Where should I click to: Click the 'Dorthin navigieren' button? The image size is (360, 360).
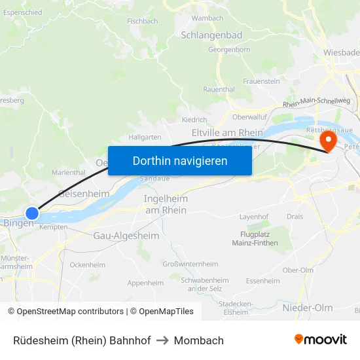(180, 160)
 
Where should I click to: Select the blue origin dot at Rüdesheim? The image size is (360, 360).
(32, 213)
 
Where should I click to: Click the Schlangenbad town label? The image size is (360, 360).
(211, 35)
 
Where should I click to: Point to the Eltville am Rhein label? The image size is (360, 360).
(227, 133)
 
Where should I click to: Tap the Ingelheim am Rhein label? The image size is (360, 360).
(166, 204)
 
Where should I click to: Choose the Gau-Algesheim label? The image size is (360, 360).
(126, 236)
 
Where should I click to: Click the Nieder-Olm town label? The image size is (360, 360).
(308, 308)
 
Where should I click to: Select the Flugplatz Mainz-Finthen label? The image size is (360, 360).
(255, 238)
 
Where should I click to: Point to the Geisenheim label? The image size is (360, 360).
(84, 194)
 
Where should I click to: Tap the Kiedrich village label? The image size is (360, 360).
(194, 120)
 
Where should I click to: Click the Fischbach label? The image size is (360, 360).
(142, 21)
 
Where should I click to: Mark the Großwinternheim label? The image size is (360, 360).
(190, 264)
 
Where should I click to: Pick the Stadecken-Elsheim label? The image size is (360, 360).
(236, 308)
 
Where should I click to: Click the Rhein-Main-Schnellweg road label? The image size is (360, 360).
(317, 102)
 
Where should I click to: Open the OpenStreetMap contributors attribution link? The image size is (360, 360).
(65, 312)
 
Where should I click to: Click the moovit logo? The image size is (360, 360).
(321, 340)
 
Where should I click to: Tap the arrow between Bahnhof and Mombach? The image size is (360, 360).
(162, 340)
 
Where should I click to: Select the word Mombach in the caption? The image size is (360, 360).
(199, 340)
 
